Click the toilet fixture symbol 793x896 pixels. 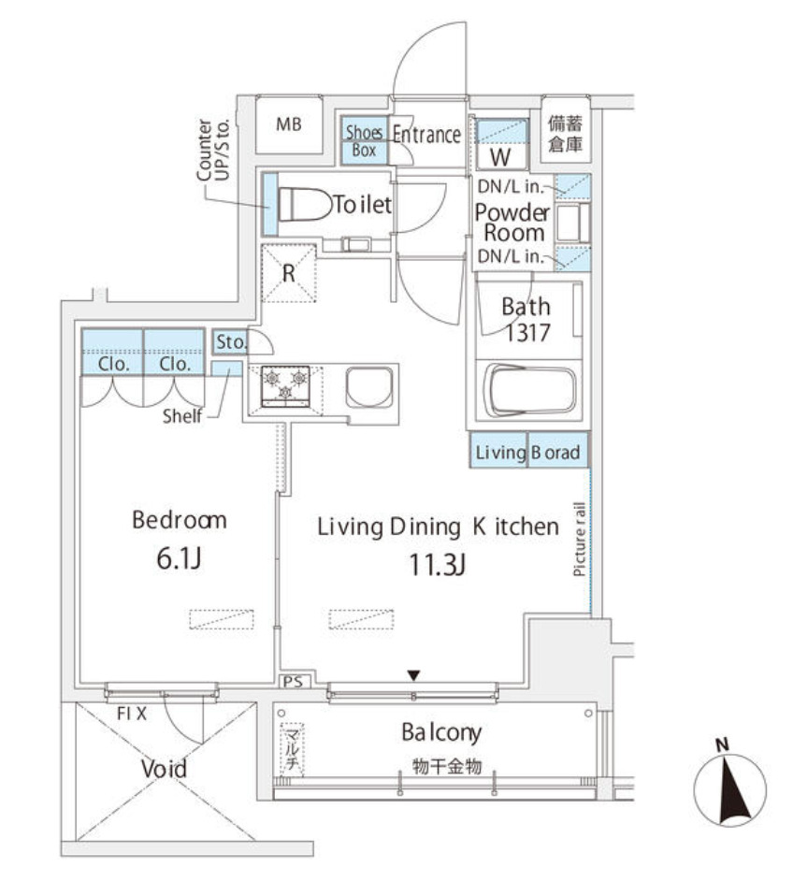[305, 205]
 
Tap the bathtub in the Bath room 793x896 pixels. [529, 391]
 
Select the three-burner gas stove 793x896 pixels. [285, 387]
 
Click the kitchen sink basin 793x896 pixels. [369, 387]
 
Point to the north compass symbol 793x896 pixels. [729, 789]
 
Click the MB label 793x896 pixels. [289, 124]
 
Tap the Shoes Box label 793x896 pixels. [364, 141]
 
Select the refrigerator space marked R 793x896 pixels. [289, 273]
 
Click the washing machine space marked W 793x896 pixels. [500, 156]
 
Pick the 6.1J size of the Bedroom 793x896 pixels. [179, 559]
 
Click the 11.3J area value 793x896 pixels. [437, 565]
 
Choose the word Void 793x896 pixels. [164, 769]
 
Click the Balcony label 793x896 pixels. [441, 732]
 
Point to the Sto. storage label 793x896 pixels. [230, 342]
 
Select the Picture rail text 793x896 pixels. [580, 539]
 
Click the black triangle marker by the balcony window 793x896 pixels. [413, 675]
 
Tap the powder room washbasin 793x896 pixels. [572, 224]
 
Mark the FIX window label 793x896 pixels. [132, 713]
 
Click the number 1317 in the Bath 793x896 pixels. [527, 333]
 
